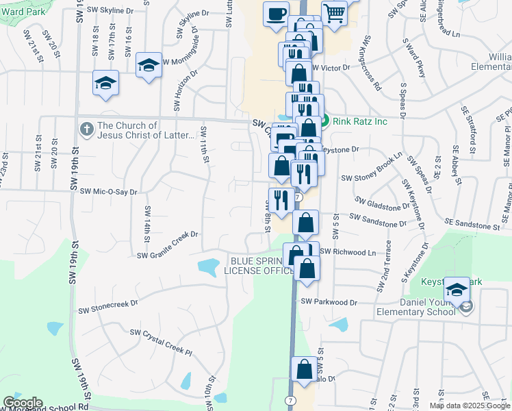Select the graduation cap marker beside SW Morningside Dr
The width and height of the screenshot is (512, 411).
click(149, 66)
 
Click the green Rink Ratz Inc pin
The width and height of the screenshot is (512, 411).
click(326, 121)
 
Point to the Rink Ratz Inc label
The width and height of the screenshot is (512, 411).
click(361, 122)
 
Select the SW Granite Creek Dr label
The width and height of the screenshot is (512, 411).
click(168, 255)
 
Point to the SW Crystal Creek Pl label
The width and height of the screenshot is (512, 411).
click(160, 342)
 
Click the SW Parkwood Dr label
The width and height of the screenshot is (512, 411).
click(329, 302)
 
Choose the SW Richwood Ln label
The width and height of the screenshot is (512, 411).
click(348, 252)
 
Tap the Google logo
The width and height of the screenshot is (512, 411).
click(23, 403)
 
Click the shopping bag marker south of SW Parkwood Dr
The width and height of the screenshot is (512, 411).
click(304, 370)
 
